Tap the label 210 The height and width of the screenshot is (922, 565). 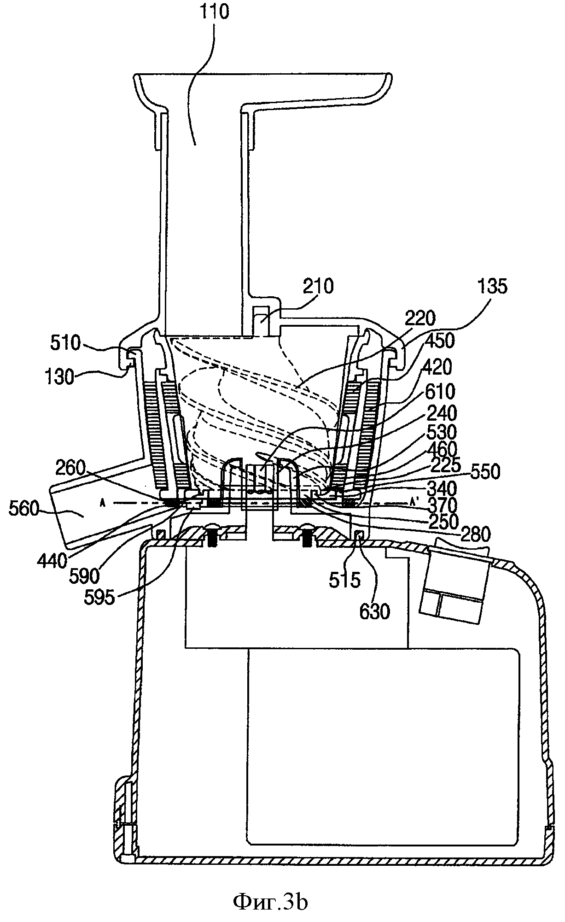318,286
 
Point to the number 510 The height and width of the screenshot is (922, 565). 66,343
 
